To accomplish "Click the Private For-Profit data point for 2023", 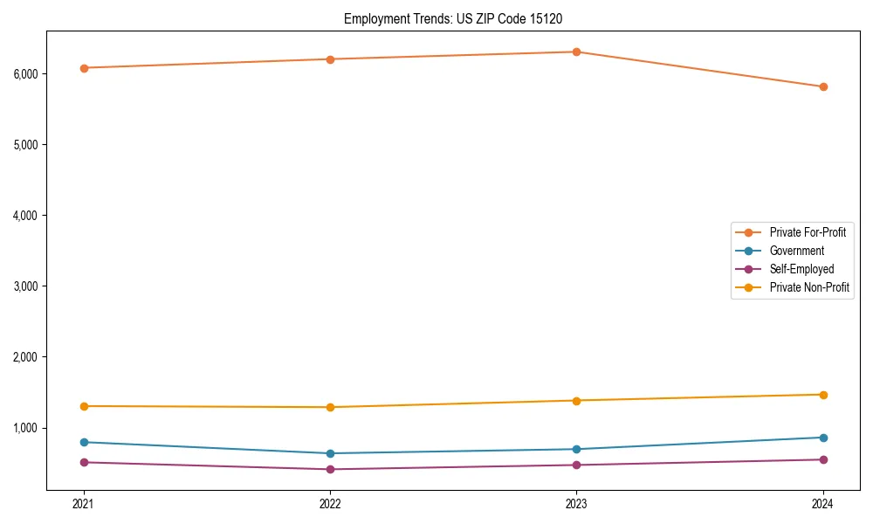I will pyautogui.click(x=576, y=52).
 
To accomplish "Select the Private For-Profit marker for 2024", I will pyautogui.click(x=823, y=86).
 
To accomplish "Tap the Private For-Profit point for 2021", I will pyautogui.click(x=84, y=67).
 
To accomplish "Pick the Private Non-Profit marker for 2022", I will pyautogui.click(x=330, y=407).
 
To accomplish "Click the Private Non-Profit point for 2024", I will pyautogui.click(x=823, y=395).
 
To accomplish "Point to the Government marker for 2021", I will pyautogui.click(x=84, y=442).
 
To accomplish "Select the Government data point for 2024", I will pyautogui.click(x=823, y=438).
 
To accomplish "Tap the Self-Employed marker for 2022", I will pyautogui.click(x=330, y=469).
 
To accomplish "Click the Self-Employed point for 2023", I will pyautogui.click(x=576, y=465).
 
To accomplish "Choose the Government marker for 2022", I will pyautogui.click(x=330, y=453).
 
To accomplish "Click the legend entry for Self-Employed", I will pyautogui.click(x=801, y=269).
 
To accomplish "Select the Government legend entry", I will pyautogui.click(x=796, y=251).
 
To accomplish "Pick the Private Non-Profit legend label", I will pyautogui.click(x=809, y=287).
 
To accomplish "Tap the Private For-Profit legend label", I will pyautogui.click(x=807, y=232).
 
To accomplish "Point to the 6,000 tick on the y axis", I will pyautogui.click(x=26, y=73).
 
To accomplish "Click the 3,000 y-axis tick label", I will pyautogui.click(x=26, y=286).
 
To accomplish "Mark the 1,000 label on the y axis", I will pyautogui.click(x=26, y=428).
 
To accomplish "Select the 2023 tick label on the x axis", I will pyautogui.click(x=576, y=504).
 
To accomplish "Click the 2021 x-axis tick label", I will pyautogui.click(x=84, y=504).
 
